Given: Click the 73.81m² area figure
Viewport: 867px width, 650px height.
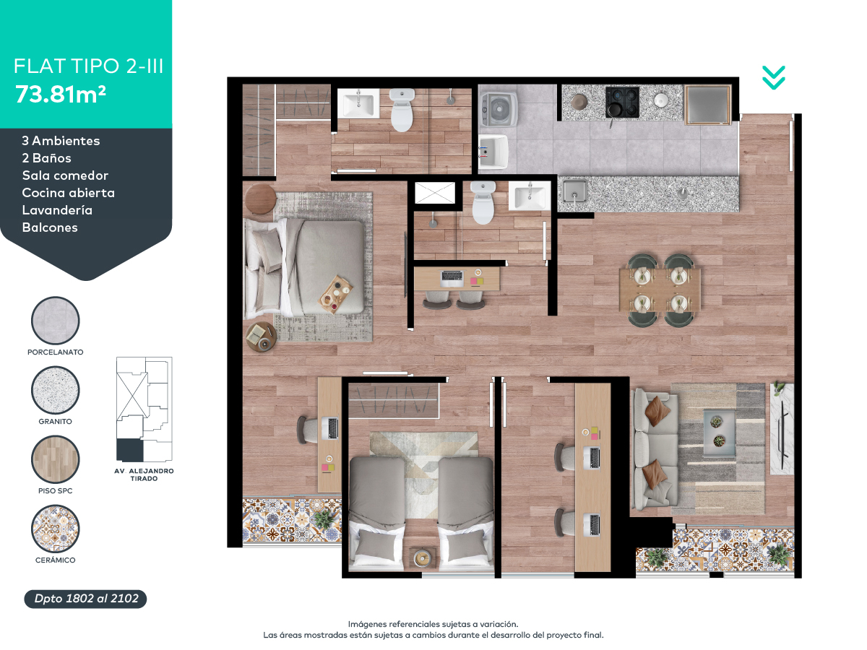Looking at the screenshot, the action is [x=61, y=95].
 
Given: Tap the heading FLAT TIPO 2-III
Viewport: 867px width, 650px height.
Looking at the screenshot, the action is [x=88, y=66].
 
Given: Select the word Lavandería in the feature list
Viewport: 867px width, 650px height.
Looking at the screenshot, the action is [x=57, y=210].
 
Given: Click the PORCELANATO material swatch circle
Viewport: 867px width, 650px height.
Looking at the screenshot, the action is [x=56, y=321].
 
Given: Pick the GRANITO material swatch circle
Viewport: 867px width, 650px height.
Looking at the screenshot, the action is [x=56, y=390].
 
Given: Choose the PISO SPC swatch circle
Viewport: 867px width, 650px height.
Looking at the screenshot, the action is [x=56, y=459].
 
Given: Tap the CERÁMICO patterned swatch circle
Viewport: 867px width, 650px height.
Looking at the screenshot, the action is [x=56, y=529].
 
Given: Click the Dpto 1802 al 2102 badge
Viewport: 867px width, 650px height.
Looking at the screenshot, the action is [x=86, y=599].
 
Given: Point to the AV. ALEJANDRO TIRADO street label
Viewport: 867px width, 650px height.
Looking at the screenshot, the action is [x=144, y=474].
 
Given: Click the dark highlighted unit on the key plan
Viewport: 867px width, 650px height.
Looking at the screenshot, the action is [x=130, y=450].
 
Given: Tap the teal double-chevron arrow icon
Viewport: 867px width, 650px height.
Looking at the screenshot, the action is [x=773, y=78].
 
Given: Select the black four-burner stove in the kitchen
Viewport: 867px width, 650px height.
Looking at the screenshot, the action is [x=622, y=103].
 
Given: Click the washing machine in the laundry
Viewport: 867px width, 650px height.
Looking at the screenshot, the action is [x=499, y=109].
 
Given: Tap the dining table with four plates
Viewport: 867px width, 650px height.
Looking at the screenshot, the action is [x=660, y=290].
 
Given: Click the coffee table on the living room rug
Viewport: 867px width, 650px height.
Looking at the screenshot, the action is [x=719, y=433].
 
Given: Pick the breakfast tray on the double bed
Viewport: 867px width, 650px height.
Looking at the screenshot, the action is [x=335, y=295].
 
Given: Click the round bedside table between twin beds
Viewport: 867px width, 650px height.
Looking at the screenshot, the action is [x=422, y=558].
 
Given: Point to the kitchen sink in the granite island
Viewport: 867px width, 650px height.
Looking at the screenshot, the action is [x=574, y=191].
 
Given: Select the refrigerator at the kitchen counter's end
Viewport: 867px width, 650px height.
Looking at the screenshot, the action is [x=708, y=105].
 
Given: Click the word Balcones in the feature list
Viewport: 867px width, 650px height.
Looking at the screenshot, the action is [x=50, y=227].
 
